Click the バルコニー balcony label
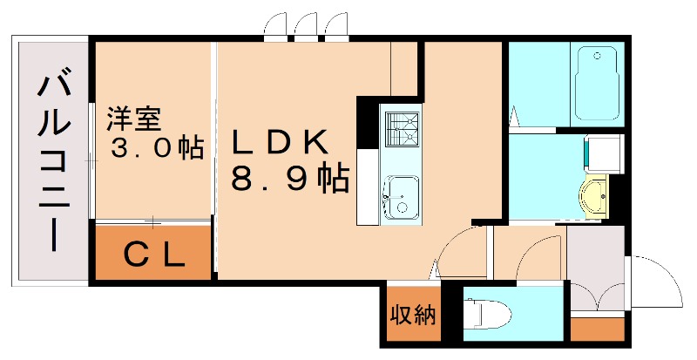pyautogui.click(x=53, y=162)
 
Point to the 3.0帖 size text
pyautogui.click(x=156, y=146)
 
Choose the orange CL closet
pyautogui.click(x=153, y=254)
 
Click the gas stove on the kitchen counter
pyautogui.click(x=402, y=132)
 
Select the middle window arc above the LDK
pyautogui.click(x=306, y=28)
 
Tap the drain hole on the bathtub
pyautogui.click(x=598, y=57)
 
